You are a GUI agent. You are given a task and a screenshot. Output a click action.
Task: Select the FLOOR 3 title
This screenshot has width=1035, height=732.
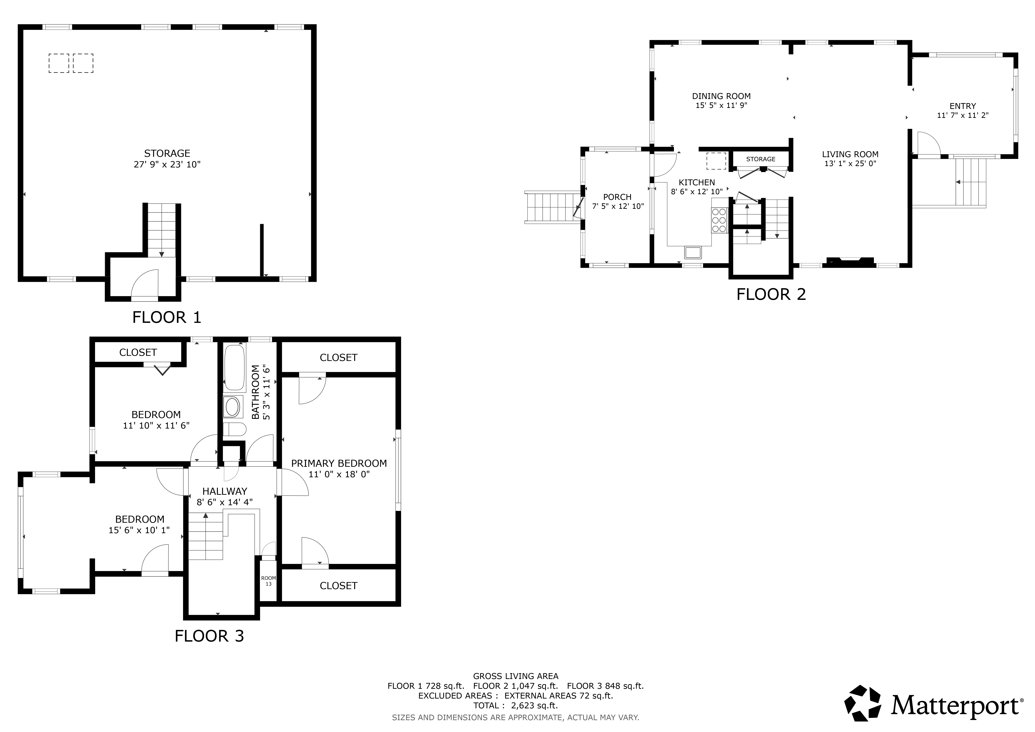209,636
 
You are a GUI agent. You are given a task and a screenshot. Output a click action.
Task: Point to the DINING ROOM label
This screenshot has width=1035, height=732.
721,96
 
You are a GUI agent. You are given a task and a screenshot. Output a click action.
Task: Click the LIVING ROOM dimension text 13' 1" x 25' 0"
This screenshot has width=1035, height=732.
850,164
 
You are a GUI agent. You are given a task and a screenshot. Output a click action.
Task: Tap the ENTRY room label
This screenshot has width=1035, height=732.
963,106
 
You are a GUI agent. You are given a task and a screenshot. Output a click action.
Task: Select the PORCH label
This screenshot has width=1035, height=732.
617,197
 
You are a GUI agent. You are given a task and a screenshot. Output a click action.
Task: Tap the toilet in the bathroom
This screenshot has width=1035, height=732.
234,429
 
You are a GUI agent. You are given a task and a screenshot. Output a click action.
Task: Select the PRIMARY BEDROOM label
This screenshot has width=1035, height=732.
339,463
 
